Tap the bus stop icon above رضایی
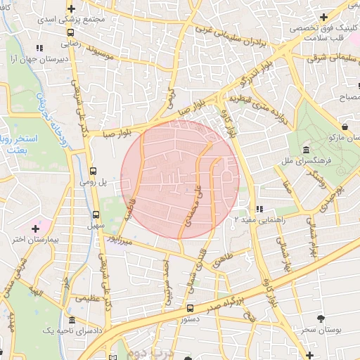[x=70, y=32]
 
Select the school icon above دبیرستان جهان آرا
[x=39, y=49]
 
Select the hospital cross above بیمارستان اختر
[x=36, y=228]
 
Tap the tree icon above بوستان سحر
[x=321, y=319]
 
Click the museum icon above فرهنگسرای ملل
[x=307, y=151]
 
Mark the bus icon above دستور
[x=190, y=308]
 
